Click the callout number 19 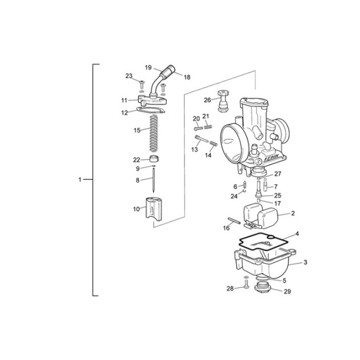[149, 67]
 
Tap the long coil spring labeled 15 [154, 133]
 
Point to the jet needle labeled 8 [153, 180]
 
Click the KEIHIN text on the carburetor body [271, 158]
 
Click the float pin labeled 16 [234, 221]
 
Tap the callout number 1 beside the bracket [80, 179]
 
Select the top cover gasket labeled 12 [151, 110]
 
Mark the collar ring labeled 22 [154, 158]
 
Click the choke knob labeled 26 [223, 101]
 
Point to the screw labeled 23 [142, 85]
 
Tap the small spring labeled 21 [208, 126]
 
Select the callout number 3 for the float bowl [305, 262]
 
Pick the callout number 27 [278, 174]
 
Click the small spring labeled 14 [214, 143]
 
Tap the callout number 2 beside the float [293, 213]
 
